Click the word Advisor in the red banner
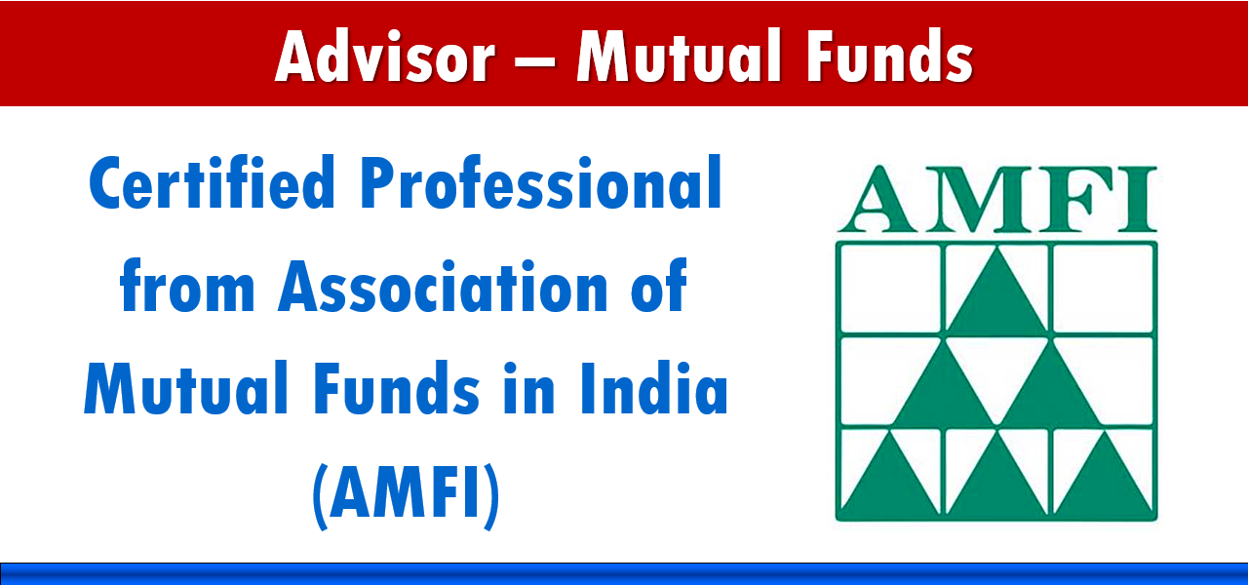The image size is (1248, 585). (385, 57)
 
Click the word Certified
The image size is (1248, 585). (213, 182)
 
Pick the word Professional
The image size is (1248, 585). (541, 182)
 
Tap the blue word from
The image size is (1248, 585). (187, 286)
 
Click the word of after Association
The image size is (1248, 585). (658, 286)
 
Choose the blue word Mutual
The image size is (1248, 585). (186, 388)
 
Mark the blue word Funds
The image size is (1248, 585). (397, 388)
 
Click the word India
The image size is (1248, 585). (654, 388)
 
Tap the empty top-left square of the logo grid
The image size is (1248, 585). (890, 289)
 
